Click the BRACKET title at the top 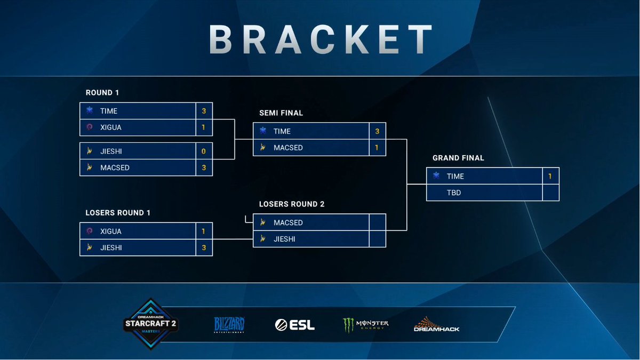320,38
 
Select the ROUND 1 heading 102,93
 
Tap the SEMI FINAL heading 281,113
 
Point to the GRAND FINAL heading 458,158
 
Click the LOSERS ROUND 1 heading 118,213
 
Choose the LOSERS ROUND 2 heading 292,204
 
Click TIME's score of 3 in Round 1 204,111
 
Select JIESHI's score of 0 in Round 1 204,151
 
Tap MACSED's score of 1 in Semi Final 377,148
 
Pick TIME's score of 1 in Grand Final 550,177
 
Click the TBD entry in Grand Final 454,193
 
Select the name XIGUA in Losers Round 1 111,231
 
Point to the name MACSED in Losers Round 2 288,222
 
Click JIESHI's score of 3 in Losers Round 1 204,248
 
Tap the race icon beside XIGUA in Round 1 90,127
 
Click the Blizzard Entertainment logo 229,324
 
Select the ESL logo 294,324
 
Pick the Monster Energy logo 365,325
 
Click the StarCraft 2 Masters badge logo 150,324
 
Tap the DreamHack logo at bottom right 436,325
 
